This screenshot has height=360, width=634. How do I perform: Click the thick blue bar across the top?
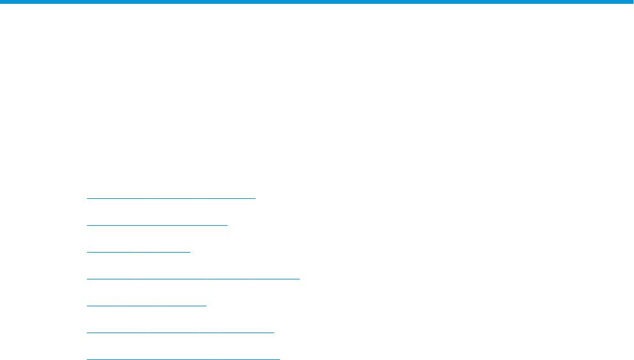(317, 2)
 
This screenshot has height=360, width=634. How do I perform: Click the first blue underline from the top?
(171, 198)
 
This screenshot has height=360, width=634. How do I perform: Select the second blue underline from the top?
(157, 225)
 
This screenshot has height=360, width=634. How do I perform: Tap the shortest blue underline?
(138, 251)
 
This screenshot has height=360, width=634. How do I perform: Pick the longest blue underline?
(192, 278)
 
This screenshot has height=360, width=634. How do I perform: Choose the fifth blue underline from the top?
(146, 305)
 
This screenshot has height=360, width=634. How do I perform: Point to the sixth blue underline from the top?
(180, 332)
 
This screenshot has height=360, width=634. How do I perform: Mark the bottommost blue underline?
(183, 358)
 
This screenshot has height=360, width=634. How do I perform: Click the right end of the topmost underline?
(254, 198)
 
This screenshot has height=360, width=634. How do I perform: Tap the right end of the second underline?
(227, 225)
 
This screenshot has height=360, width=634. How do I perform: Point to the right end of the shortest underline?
(190, 251)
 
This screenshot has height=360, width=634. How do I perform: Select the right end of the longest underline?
(298, 278)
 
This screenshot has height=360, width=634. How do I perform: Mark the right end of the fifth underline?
(206, 305)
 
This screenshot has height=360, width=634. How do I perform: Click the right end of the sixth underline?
(274, 332)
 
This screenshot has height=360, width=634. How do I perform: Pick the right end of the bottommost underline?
(279, 358)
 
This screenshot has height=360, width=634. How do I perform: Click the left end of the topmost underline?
(88, 198)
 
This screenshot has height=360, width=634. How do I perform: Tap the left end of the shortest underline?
(88, 251)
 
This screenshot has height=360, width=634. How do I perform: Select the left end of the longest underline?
(88, 278)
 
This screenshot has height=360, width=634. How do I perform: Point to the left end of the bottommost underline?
(88, 358)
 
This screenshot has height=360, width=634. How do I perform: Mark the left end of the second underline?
(88, 225)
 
